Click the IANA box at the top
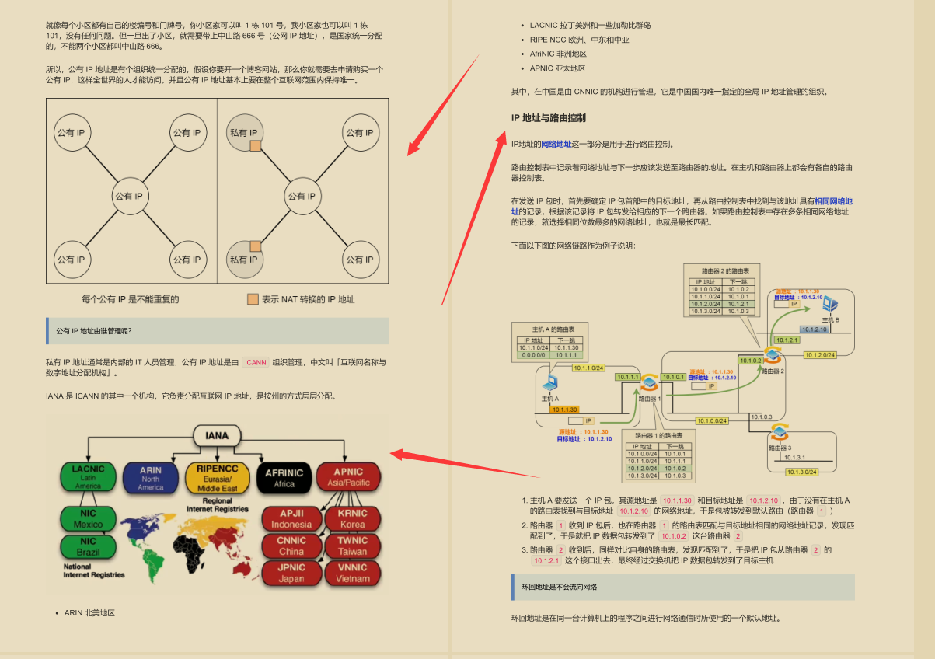pyautogui.click(x=217, y=435)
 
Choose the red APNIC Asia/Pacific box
pyautogui.click(x=349, y=476)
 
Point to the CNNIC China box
pyautogui.click(x=291, y=546)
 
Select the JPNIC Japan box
pyautogui.click(x=291, y=573)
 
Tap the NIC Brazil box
pyautogui.click(x=89, y=546)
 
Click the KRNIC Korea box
pyautogui.click(x=352, y=518)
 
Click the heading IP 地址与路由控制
pyautogui.click(x=548, y=118)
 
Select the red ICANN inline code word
pyautogui.click(x=255, y=362)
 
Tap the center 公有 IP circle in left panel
pyautogui.click(x=130, y=196)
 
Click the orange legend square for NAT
pyautogui.click(x=253, y=299)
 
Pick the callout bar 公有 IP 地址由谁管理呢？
pyautogui.click(x=217, y=331)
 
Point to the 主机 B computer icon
pyautogui.click(x=831, y=305)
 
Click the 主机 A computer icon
pyautogui.click(x=550, y=383)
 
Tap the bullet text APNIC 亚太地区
pyautogui.click(x=557, y=68)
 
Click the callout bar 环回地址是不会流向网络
pyautogui.click(x=682, y=587)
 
